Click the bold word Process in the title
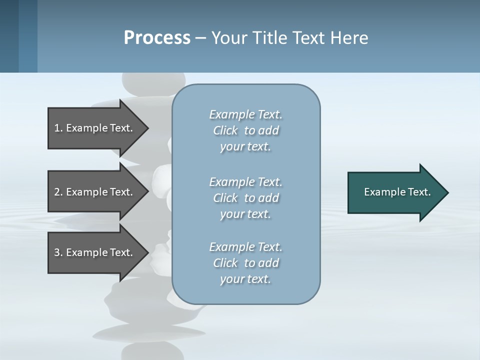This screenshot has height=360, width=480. click(x=157, y=38)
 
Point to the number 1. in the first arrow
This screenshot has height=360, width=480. click(x=58, y=128)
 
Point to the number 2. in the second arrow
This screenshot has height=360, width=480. click(x=58, y=192)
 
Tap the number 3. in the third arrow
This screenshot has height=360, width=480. click(x=58, y=252)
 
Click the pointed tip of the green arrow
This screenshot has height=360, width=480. click(x=446, y=192)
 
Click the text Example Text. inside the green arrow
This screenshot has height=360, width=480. click(x=397, y=192)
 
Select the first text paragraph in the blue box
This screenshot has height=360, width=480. click(x=245, y=130)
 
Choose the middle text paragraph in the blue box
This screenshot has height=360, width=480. click(x=245, y=198)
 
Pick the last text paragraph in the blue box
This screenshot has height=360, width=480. click(x=245, y=263)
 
